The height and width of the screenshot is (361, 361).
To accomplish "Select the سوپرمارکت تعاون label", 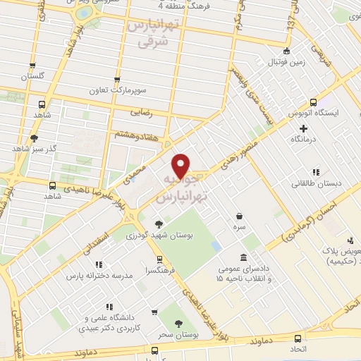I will (117, 90).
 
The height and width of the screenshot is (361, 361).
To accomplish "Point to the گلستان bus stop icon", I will (32, 64).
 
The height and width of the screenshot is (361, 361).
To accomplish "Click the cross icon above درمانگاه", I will (304, 128).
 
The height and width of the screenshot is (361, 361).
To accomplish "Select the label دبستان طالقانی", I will (316, 183).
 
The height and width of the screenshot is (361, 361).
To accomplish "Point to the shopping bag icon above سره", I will (240, 215).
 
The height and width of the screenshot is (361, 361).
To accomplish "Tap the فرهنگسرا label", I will (160, 269).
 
